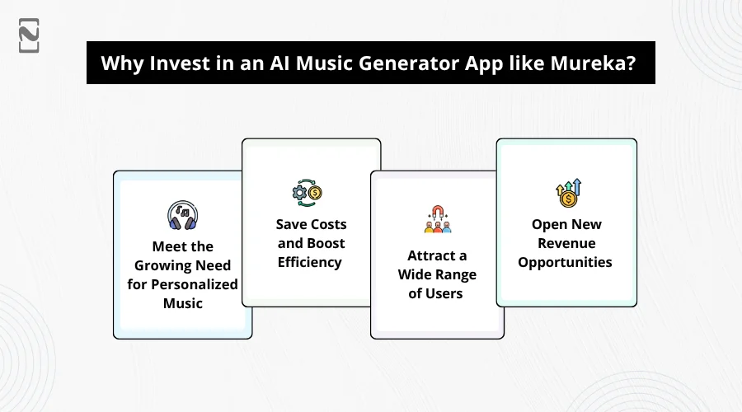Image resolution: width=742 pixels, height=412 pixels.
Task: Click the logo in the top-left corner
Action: point(29,35)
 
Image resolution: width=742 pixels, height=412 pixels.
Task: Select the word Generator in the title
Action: point(409,63)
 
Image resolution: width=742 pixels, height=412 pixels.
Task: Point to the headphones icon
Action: point(183,215)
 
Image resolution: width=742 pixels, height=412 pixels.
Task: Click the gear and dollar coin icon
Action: point(308,193)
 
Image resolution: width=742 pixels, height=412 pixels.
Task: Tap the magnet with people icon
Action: point(438,219)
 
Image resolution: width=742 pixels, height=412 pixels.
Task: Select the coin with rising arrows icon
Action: point(568,193)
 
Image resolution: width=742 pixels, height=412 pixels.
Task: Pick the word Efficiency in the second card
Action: point(309,262)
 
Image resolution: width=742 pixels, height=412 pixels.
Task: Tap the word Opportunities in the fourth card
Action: point(565,263)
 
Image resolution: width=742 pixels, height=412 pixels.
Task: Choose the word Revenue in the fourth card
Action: point(566,243)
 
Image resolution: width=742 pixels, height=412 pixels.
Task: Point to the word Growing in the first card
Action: point(159,265)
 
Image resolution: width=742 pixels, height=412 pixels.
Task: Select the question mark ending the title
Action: point(632,63)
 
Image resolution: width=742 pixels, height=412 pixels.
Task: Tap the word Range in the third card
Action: point(457,275)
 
